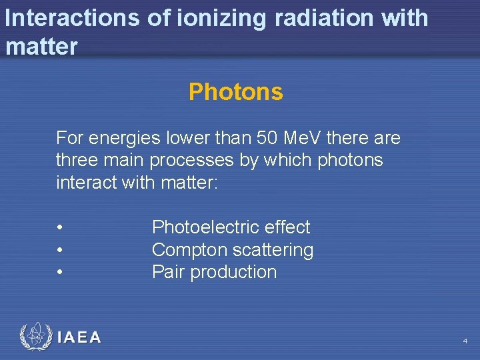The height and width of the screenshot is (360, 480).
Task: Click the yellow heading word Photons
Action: [x=235, y=92]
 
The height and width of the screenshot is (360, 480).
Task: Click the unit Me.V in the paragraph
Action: [x=302, y=138]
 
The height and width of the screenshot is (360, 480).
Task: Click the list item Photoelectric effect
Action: [x=231, y=227]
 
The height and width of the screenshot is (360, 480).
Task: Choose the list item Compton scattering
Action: [x=233, y=250]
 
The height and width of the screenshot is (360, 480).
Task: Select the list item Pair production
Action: [x=214, y=272]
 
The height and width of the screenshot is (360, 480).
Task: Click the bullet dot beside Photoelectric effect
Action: [x=60, y=228]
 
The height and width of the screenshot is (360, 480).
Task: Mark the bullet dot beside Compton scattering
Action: [x=60, y=250]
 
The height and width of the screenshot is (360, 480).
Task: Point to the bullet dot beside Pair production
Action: [x=60, y=272]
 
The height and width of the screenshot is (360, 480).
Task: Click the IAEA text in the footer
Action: [x=79, y=337]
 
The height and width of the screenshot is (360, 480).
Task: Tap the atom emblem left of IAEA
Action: [x=35, y=337]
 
